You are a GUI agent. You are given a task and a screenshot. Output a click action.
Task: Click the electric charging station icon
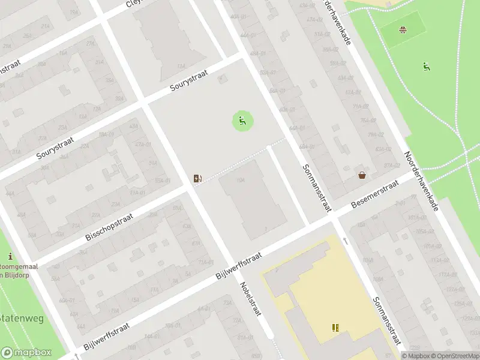click(197, 178)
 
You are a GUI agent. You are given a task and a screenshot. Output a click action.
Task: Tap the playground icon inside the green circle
click(242, 121)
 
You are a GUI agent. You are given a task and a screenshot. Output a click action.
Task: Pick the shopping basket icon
click(362, 175)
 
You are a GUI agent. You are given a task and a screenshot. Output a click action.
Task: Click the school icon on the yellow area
click(335, 328)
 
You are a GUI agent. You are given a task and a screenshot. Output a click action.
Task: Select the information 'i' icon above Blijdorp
click(10, 256)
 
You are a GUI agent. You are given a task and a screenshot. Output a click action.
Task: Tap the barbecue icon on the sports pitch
click(403, 29)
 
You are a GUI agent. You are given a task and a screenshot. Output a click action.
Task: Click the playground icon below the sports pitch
click(427, 66)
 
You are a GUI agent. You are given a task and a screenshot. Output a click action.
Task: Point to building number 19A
click(241, 179)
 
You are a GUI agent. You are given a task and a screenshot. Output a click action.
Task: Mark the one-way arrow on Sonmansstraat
click(346, 241)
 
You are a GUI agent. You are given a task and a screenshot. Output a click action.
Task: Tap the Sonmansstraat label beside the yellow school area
click(385, 324)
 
